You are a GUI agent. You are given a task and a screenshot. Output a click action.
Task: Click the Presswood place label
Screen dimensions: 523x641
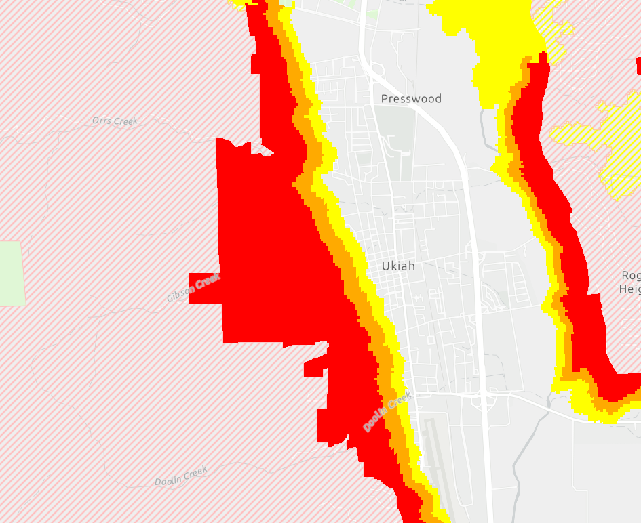[x=411, y=99]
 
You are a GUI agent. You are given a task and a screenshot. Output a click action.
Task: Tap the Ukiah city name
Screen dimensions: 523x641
[x=398, y=266]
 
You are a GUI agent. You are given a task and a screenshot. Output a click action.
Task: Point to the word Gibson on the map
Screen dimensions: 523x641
[x=180, y=293]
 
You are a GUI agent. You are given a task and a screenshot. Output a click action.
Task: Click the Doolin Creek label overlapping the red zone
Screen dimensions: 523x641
[x=387, y=412]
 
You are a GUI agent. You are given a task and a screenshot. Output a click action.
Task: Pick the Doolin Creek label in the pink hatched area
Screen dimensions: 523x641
[x=180, y=476]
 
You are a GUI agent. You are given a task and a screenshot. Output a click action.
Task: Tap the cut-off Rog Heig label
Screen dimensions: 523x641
[x=630, y=282]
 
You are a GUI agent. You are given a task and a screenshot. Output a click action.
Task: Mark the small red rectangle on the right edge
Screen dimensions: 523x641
[x=638, y=66]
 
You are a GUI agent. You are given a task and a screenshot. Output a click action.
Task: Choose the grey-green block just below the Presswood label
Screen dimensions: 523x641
[x=397, y=132]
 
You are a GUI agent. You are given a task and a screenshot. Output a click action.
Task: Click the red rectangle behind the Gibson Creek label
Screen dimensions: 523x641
[x=204, y=288]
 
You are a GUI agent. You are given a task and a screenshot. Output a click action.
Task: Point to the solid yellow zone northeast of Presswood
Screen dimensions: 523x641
[x=488, y=41]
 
